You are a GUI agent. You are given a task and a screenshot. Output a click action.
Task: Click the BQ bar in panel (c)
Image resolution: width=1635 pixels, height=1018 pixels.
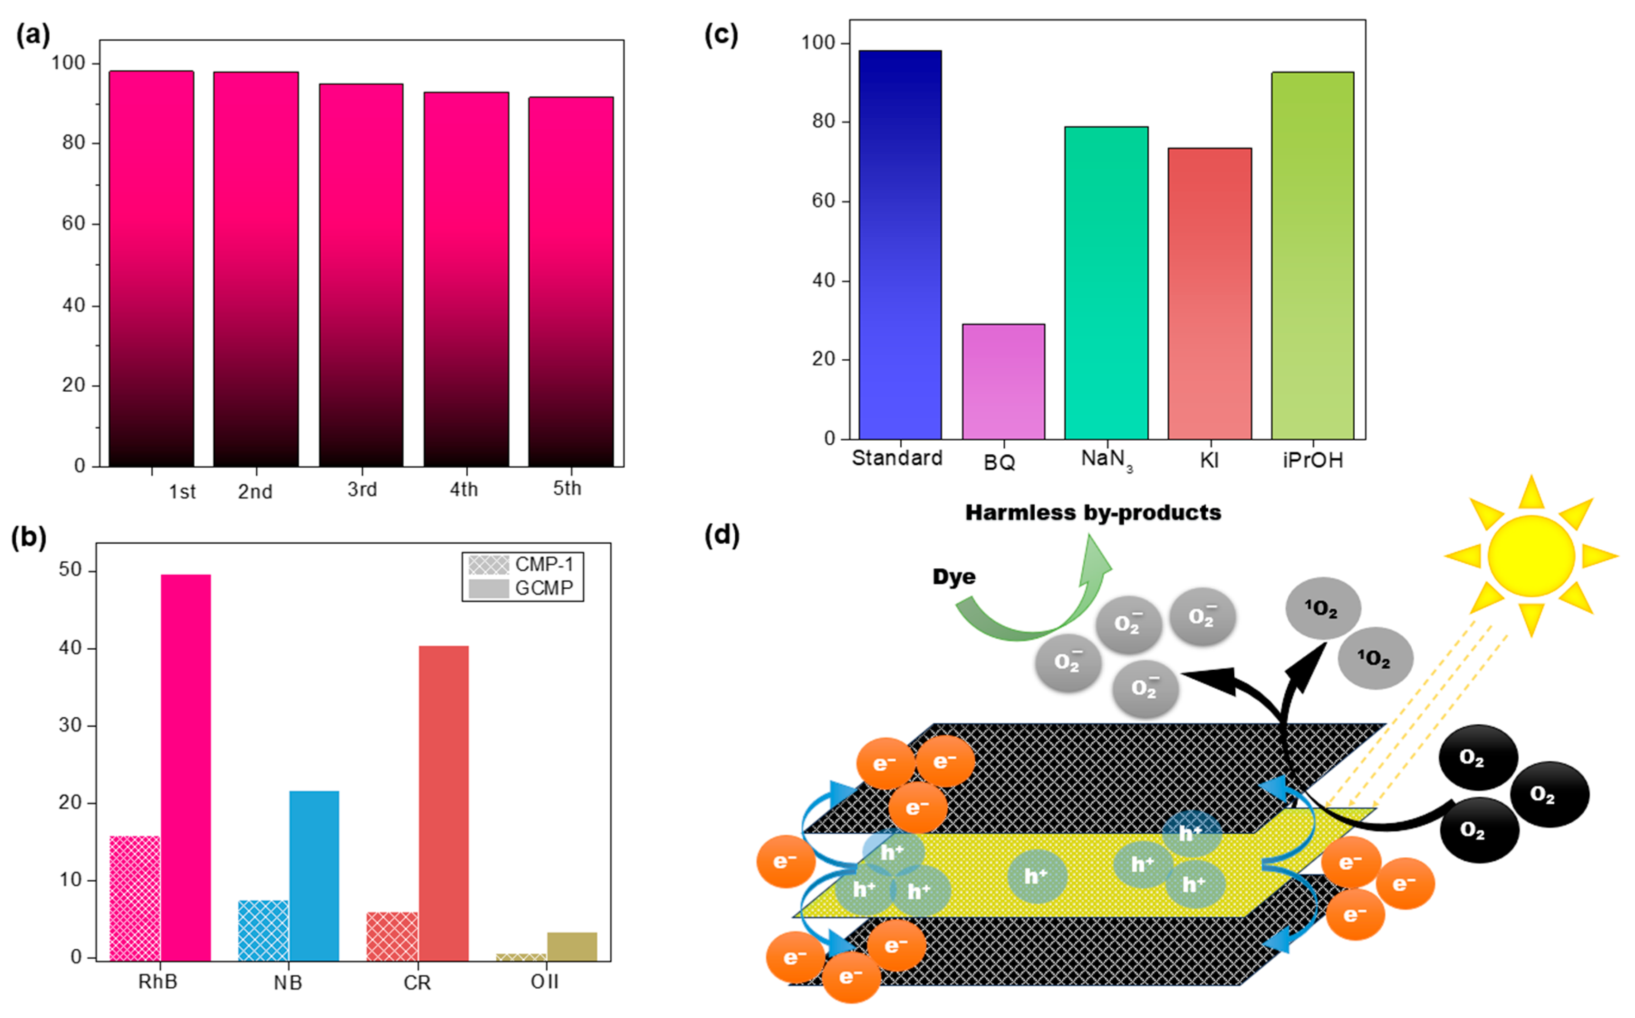point(1003,381)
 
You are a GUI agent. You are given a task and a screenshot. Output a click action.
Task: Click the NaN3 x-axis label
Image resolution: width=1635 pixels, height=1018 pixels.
point(1106,460)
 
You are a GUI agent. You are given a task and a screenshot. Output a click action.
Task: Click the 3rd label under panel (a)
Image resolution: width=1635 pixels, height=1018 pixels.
point(362,490)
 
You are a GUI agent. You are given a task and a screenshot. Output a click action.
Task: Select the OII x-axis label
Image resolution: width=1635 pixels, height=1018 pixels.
point(545,982)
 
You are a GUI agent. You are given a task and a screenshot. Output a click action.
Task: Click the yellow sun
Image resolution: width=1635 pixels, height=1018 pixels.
point(1531,556)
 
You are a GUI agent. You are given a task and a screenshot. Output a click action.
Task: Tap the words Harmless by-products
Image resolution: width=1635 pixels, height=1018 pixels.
point(1093,513)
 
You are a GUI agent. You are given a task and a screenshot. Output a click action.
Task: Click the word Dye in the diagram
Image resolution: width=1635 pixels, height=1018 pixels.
point(954,577)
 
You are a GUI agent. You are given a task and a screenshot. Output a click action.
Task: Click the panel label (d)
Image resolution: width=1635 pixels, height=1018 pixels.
point(722,535)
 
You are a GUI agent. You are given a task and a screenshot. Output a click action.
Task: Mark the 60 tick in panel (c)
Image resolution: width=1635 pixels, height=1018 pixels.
point(823,201)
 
